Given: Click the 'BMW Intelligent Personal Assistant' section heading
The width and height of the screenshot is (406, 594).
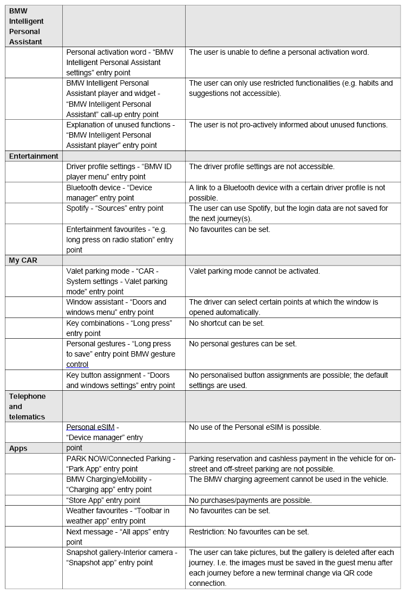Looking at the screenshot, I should click(27, 26).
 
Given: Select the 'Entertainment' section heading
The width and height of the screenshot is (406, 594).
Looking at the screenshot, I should click(34, 156).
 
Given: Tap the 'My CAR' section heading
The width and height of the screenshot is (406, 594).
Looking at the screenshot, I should click(23, 260).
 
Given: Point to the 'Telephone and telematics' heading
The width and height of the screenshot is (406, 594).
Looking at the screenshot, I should click(27, 406).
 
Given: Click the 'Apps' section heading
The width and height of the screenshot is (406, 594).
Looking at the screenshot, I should click(18, 448).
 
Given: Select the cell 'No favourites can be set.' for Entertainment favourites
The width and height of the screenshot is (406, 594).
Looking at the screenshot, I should click(230, 229).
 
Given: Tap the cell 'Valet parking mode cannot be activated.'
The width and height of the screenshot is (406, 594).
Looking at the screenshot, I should click(254, 271).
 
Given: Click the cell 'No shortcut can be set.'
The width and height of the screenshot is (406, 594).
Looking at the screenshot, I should click(226, 323).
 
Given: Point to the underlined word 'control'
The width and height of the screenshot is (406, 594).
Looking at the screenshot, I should click(77, 364).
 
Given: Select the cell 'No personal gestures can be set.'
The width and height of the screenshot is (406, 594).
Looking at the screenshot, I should click(243, 344).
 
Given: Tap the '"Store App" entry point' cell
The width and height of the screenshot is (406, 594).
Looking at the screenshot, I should click(103, 500).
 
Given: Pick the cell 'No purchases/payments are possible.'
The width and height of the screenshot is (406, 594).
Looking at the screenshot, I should click(250, 500).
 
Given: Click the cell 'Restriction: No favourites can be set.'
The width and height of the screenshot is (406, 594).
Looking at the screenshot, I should click(249, 532).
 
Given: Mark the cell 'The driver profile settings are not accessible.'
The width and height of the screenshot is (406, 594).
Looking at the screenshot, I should click(261, 166).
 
